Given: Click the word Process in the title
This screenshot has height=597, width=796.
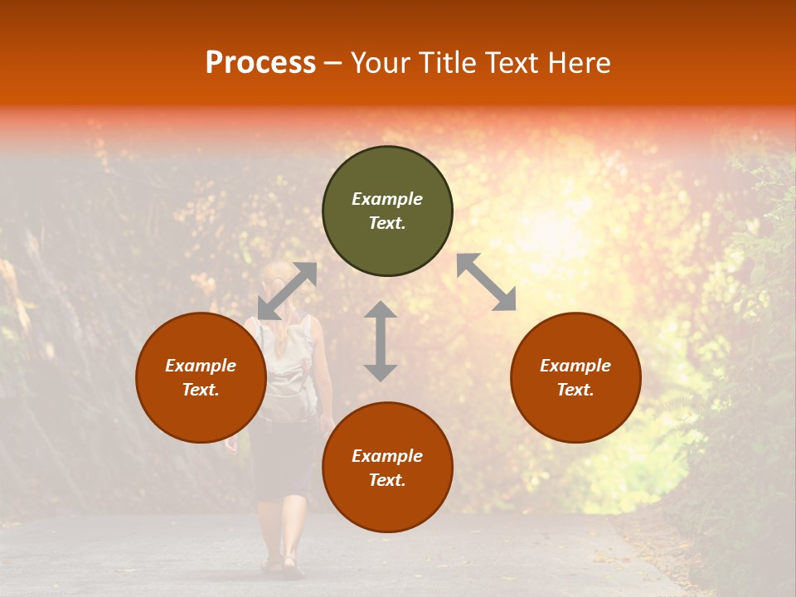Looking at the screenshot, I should [260, 63].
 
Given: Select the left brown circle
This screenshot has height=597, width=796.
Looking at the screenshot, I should [201, 415].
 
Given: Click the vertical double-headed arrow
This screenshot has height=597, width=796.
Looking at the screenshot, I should [381, 341].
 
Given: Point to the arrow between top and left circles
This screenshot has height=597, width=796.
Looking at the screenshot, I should [287, 291].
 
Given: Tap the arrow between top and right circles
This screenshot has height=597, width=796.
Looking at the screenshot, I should [487, 282].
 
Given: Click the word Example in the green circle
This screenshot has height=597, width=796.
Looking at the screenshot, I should [387, 199].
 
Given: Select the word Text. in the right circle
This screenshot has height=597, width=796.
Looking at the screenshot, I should [575, 390].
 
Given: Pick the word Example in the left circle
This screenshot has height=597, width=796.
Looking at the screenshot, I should [201, 366].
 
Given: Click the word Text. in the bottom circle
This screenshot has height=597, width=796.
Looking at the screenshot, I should [387, 480].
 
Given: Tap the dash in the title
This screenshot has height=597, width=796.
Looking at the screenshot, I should [333, 63].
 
